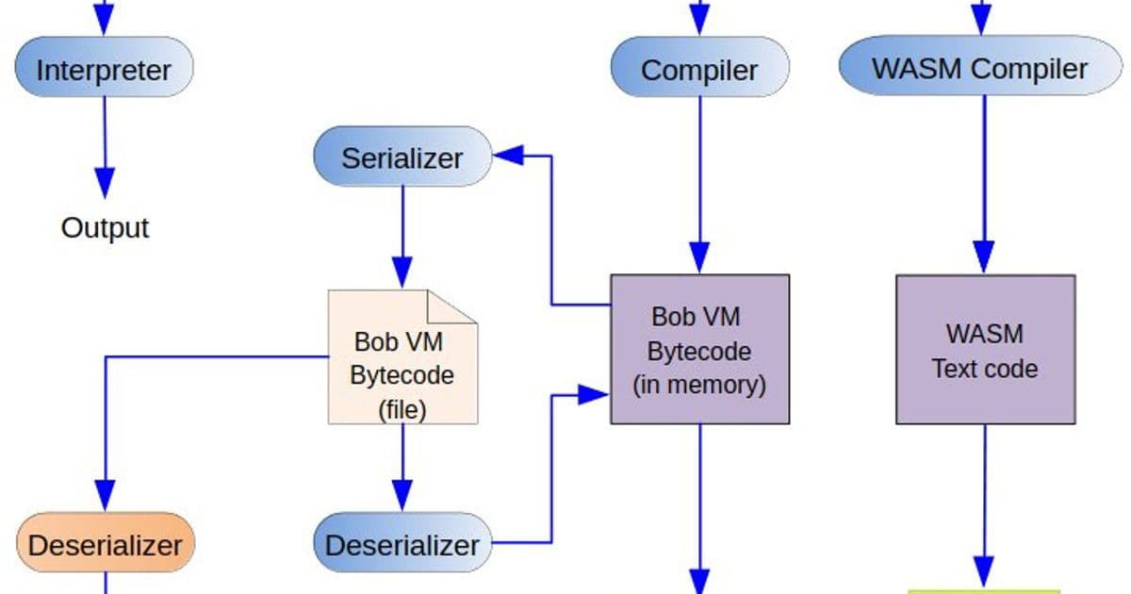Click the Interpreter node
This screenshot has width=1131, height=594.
tap(104, 70)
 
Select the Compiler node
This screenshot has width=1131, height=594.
tap(699, 70)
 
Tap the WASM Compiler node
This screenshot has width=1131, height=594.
tap(980, 68)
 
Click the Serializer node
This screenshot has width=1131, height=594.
tap(402, 157)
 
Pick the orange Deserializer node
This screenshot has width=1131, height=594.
tap(105, 544)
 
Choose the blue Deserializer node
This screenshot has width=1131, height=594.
tap(402, 544)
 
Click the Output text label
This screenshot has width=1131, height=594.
tap(105, 227)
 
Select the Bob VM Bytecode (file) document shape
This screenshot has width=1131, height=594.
tap(402, 358)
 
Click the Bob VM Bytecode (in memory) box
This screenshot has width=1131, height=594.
tap(699, 349)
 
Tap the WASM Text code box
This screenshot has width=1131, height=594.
tap(985, 349)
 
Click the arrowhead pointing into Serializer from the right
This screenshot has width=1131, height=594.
tap(507, 157)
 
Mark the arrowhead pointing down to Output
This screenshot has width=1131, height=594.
tap(105, 181)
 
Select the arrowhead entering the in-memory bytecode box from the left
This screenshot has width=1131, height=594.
tap(594, 394)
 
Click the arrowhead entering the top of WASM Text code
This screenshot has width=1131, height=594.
tap(984, 256)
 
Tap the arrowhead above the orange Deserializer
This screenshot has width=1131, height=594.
tap(105, 494)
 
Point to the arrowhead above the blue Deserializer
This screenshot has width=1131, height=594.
tap(402, 494)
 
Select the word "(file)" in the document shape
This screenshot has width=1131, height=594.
tap(402, 409)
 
